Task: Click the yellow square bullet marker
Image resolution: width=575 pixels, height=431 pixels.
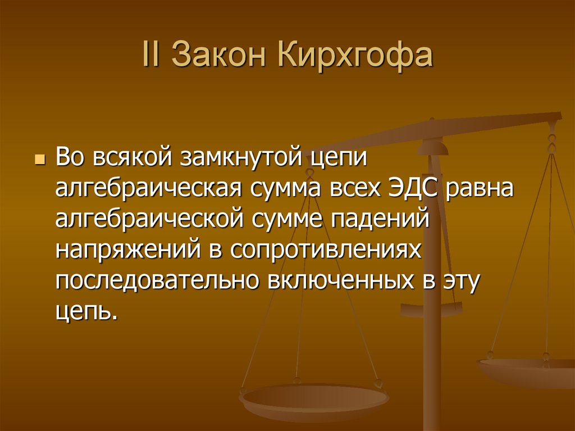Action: click(x=39, y=160)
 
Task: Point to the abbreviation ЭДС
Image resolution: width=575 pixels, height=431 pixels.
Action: click(x=414, y=187)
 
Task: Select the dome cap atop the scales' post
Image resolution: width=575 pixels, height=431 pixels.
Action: click(x=434, y=147)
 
